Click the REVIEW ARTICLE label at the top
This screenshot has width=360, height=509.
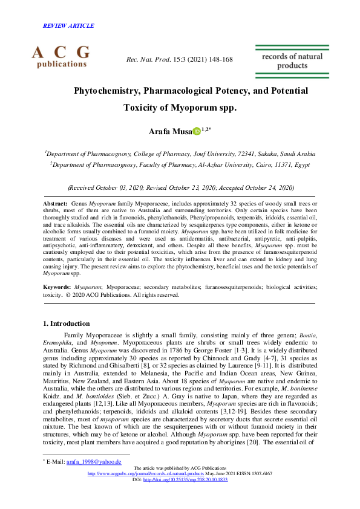pyautogui.click(x=68, y=26)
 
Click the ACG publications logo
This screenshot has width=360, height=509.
pyautogui.click(x=61, y=56)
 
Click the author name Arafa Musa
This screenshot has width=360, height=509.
pyautogui.click(x=169, y=131)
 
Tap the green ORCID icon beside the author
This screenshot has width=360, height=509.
pyautogui.click(x=196, y=131)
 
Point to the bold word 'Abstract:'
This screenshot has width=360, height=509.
pyautogui.click(x=55, y=205)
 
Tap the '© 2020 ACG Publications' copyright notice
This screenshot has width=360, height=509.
pyautogui.click(x=99, y=295)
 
